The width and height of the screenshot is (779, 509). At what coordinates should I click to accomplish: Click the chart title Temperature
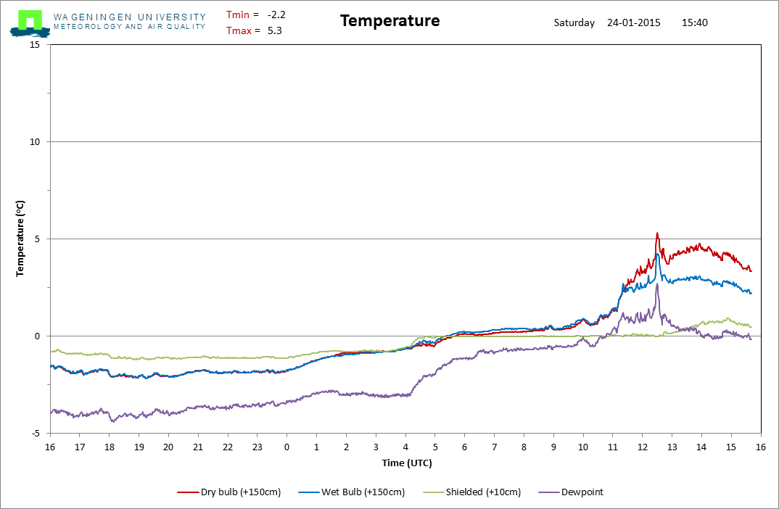coord(389,21)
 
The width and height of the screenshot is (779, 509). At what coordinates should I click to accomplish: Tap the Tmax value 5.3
coord(274,30)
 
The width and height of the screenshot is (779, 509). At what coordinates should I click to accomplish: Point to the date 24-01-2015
coord(635,22)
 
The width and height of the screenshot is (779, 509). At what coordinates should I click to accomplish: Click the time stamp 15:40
coord(695,22)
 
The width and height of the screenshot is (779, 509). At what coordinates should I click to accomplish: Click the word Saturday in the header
coord(574,22)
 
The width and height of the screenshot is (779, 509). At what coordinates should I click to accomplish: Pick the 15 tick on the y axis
coord(34,45)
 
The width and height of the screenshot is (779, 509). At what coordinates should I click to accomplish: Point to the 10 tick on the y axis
coord(34,142)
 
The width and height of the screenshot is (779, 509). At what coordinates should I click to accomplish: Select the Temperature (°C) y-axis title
coord(21,239)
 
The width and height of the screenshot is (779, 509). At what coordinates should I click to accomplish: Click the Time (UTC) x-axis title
coord(407,463)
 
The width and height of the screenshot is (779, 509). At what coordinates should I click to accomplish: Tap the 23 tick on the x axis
coord(257,447)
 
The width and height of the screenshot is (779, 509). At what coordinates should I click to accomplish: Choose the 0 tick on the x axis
coord(287,447)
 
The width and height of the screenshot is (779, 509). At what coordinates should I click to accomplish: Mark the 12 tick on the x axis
coord(642,447)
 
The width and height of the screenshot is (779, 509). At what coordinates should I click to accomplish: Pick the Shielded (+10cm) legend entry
coord(487,492)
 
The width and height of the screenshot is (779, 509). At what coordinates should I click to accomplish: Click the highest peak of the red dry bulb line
coord(657,233)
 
